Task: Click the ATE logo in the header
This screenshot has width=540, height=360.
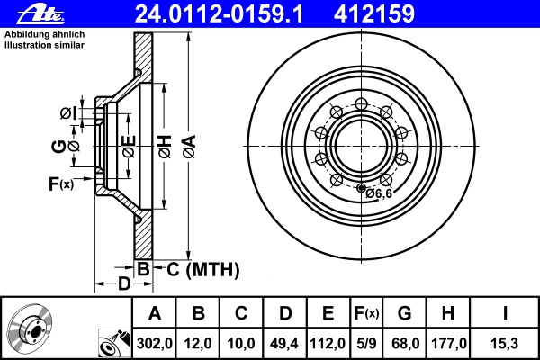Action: (x=40, y=14)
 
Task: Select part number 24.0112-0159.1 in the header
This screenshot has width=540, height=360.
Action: (x=219, y=14)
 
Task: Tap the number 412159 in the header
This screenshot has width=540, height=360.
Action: (x=374, y=14)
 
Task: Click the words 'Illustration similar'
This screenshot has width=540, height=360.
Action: (x=44, y=45)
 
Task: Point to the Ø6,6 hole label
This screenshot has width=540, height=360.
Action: (x=379, y=193)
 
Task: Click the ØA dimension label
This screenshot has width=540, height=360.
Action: (x=190, y=147)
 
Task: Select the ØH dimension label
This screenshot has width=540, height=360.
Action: (x=165, y=147)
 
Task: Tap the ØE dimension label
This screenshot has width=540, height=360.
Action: (x=129, y=147)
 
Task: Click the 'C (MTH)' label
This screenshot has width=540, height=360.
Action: (x=203, y=269)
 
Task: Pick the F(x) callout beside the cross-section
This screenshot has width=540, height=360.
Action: (x=61, y=184)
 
